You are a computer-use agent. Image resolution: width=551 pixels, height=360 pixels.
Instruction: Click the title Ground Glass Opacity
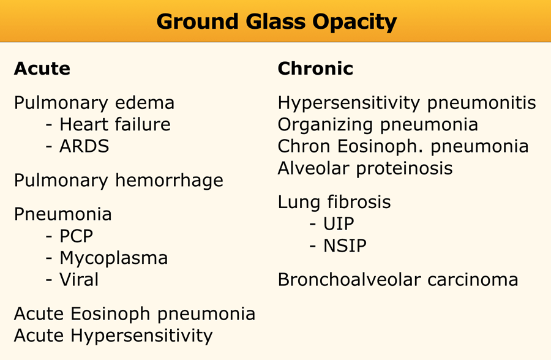coord(277,22)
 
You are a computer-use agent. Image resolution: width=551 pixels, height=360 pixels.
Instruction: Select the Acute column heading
coord(42,68)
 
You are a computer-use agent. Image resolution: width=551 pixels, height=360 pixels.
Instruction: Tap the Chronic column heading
coord(315,68)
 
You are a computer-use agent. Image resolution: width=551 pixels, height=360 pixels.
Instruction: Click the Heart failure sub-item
coord(115,124)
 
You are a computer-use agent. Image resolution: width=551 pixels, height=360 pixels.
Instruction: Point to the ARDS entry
coord(84,146)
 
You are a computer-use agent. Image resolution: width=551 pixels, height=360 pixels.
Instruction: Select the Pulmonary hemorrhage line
coord(119,181)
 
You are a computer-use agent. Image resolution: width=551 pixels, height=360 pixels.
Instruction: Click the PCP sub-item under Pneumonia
coord(77,236)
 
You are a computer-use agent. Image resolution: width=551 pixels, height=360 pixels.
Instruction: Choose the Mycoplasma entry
coord(114,258)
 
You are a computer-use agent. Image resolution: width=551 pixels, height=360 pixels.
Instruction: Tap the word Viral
coord(79,280)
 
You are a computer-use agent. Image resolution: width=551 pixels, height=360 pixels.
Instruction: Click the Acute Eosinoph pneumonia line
coord(135,314)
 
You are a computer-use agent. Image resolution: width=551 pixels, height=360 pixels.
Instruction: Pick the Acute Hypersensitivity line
coord(113,336)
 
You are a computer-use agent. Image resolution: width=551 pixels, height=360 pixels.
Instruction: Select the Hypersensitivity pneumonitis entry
coord(407,103)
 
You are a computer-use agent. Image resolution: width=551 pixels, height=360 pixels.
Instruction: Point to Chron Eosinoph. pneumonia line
coord(403,146)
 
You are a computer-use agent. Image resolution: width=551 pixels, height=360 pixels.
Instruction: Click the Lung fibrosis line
coord(334,202)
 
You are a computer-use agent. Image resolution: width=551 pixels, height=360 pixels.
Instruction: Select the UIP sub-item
coord(339,224)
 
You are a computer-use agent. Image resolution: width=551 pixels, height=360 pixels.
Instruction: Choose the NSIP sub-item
coord(345,246)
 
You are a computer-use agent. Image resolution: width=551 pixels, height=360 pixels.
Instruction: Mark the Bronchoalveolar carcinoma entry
coord(398,280)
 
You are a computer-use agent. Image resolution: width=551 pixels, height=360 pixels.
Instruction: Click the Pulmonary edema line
coord(94,103)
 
